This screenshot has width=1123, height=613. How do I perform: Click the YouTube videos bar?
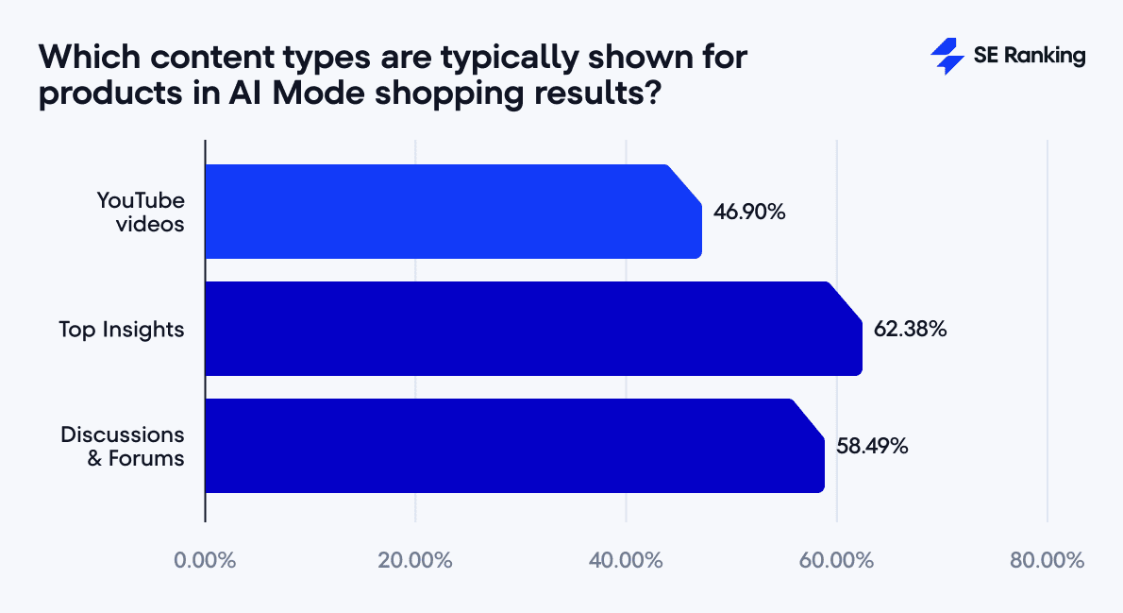453,212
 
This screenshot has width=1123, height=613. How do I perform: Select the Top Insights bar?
533,329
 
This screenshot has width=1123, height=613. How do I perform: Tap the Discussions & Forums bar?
514,446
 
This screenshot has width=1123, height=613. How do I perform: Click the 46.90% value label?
750,212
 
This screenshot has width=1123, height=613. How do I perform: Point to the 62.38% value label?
910,330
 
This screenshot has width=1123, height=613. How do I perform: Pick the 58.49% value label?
872,446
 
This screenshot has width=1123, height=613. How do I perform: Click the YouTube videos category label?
141,212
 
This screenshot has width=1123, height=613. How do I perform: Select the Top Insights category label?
122,330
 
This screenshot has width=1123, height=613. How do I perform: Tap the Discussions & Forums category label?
123,446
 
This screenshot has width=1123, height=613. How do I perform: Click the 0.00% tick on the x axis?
205,560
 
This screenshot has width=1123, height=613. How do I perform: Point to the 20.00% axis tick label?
415,560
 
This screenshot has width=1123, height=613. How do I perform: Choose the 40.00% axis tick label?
627,560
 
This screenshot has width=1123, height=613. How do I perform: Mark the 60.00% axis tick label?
837,560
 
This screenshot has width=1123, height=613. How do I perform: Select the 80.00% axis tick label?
1048,560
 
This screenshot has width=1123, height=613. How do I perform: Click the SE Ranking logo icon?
947,57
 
